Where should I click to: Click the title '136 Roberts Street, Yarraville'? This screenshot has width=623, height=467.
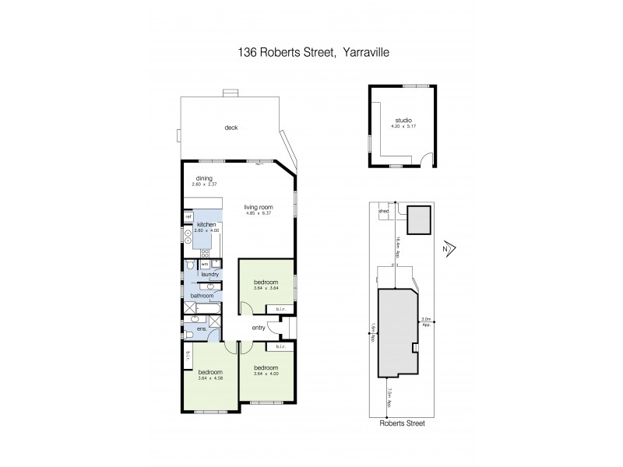pyautogui.click(x=311, y=53)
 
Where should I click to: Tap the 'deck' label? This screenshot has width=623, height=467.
pyautogui.click(x=231, y=128)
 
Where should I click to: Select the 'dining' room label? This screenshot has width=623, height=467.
pyautogui.click(x=205, y=178)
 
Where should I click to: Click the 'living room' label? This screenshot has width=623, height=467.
pyautogui.click(x=256, y=206)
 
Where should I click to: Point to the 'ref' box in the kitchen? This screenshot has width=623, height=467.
pyautogui.click(x=188, y=216)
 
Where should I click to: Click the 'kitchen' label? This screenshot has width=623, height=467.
pyautogui.click(x=205, y=225)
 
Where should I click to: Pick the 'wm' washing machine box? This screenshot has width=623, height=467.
pyautogui.click(x=193, y=264)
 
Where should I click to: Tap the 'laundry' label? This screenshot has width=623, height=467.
pyautogui.click(x=209, y=274)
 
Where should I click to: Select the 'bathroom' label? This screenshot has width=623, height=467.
pyautogui.click(x=202, y=296)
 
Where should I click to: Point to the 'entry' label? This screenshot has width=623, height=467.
pyautogui.click(x=259, y=328)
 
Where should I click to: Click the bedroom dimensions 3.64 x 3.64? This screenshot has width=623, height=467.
pyautogui.click(x=266, y=289)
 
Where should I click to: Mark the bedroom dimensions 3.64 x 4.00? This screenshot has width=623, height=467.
pyautogui.click(x=266, y=373)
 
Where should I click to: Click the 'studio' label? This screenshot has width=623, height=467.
pyautogui.click(x=402, y=121)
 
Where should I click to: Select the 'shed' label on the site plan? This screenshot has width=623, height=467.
pyautogui.click(x=383, y=211)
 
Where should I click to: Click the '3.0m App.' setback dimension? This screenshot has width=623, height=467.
pyautogui.click(x=425, y=321)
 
